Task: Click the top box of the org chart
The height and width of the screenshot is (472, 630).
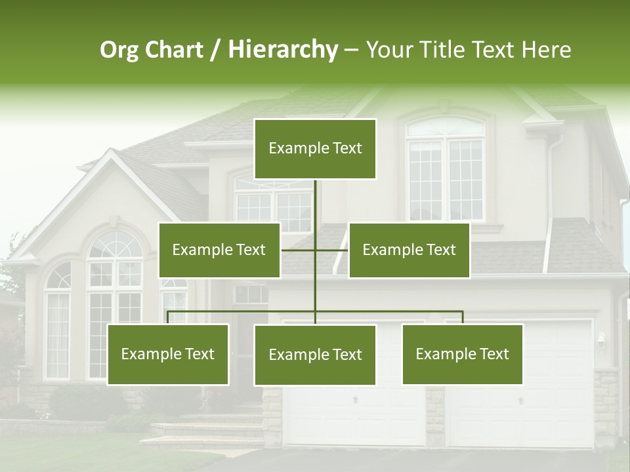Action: [315, 149]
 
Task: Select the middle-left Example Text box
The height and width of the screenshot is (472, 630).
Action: [219, 250]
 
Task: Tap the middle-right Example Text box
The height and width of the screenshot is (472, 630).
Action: [409, 250]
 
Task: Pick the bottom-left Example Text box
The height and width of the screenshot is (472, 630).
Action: [168, 354]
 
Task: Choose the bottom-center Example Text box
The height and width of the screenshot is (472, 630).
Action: [315, 355]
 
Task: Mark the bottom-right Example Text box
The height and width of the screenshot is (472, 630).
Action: [463, 354]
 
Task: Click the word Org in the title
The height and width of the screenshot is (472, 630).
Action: [119, 50]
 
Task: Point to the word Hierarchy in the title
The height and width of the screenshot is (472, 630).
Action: [282, 50]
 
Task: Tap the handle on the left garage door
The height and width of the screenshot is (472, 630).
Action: [355, 399]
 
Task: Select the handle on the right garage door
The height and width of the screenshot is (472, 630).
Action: [520, 399]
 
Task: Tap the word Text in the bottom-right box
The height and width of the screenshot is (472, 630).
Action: [493, 354]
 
